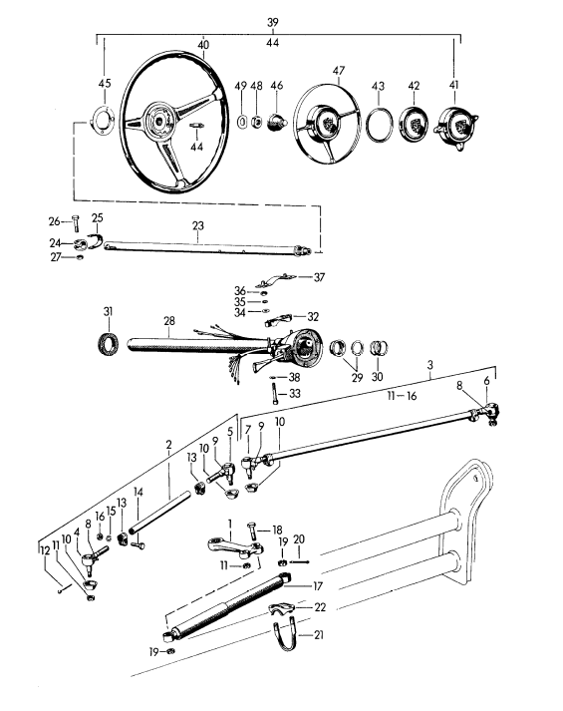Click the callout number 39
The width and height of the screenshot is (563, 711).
tap(275, 21)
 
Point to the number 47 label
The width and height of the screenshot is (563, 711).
tap(338, 72)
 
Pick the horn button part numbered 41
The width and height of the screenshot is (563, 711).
tap(455, 127)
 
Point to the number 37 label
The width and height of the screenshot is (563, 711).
tap(319, 276)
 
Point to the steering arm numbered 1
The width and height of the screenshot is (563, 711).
tap(235, 546)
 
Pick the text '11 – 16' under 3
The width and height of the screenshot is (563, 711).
tap(424, 397)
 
